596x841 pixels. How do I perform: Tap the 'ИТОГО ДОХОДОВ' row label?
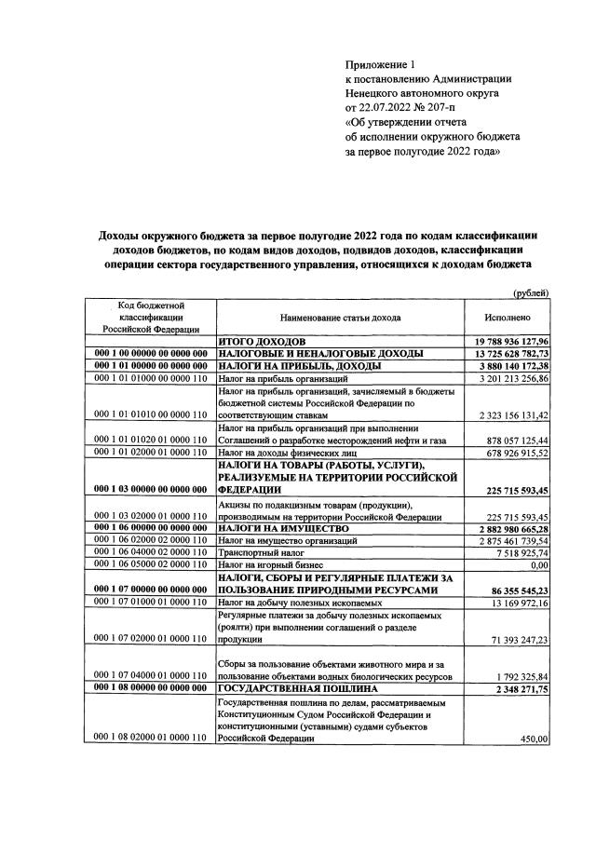pos(255,342)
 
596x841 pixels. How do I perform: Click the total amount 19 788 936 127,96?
pos(507,342)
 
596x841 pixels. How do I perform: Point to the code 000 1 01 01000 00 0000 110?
pos(149,378)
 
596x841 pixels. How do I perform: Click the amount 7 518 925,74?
pos(515,551)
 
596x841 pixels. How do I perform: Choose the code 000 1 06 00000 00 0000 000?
pos(149,527)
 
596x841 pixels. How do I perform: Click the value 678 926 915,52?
pos(509,452)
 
